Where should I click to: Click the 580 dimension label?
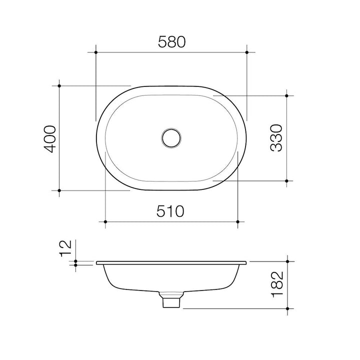[x=171, y=42]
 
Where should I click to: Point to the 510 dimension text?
[x=171, y=211]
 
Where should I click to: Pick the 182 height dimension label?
[x=278, y=285]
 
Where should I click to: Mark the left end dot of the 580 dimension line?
[x=95, y=51]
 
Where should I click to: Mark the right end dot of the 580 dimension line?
[x=247, y=51]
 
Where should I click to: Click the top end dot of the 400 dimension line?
[x=59, y=86]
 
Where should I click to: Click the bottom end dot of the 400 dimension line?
[x=59, y=190]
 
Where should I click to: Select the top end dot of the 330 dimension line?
[x=286, y=95]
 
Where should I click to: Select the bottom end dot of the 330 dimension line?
[x=286, y=181]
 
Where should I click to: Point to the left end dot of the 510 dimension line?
[x=105, y=221]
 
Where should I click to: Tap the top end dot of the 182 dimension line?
[x=287, y=261]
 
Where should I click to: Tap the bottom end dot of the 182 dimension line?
[x=287, y=308]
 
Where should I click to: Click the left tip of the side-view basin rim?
[x=95, y=262]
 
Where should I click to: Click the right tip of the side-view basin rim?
[x=247, y=262]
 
